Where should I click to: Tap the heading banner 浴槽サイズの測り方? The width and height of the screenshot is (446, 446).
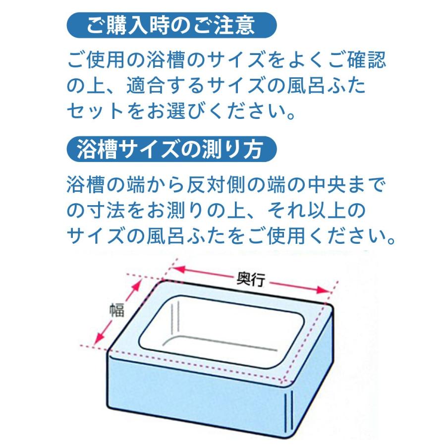tap(170, 149)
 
